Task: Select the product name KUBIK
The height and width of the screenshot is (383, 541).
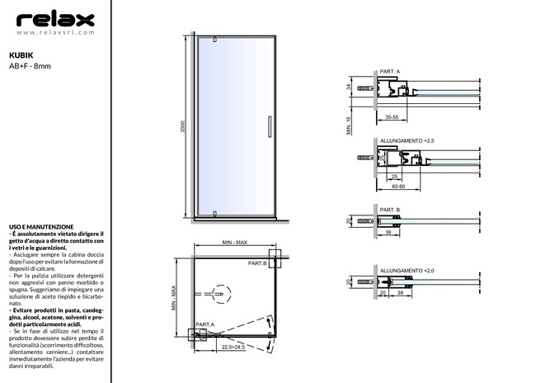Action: (x=21, y=50)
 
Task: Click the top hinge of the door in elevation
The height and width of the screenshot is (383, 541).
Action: (x=214, y=39)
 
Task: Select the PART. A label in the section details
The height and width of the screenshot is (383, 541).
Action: (x=389, y=73)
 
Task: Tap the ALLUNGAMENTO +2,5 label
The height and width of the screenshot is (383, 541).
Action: (x=407, y=141)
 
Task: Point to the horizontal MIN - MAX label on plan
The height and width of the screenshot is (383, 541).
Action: (x=235, y=243)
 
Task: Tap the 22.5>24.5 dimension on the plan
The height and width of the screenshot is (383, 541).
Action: (x=233, y=348)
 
